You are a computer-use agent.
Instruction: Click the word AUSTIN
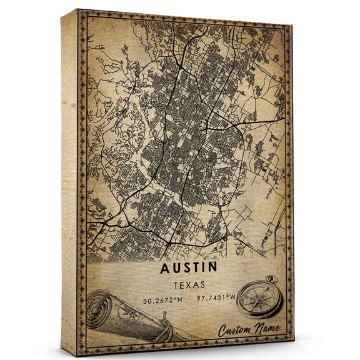(188, 268)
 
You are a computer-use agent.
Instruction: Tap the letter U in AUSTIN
(174, 268)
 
